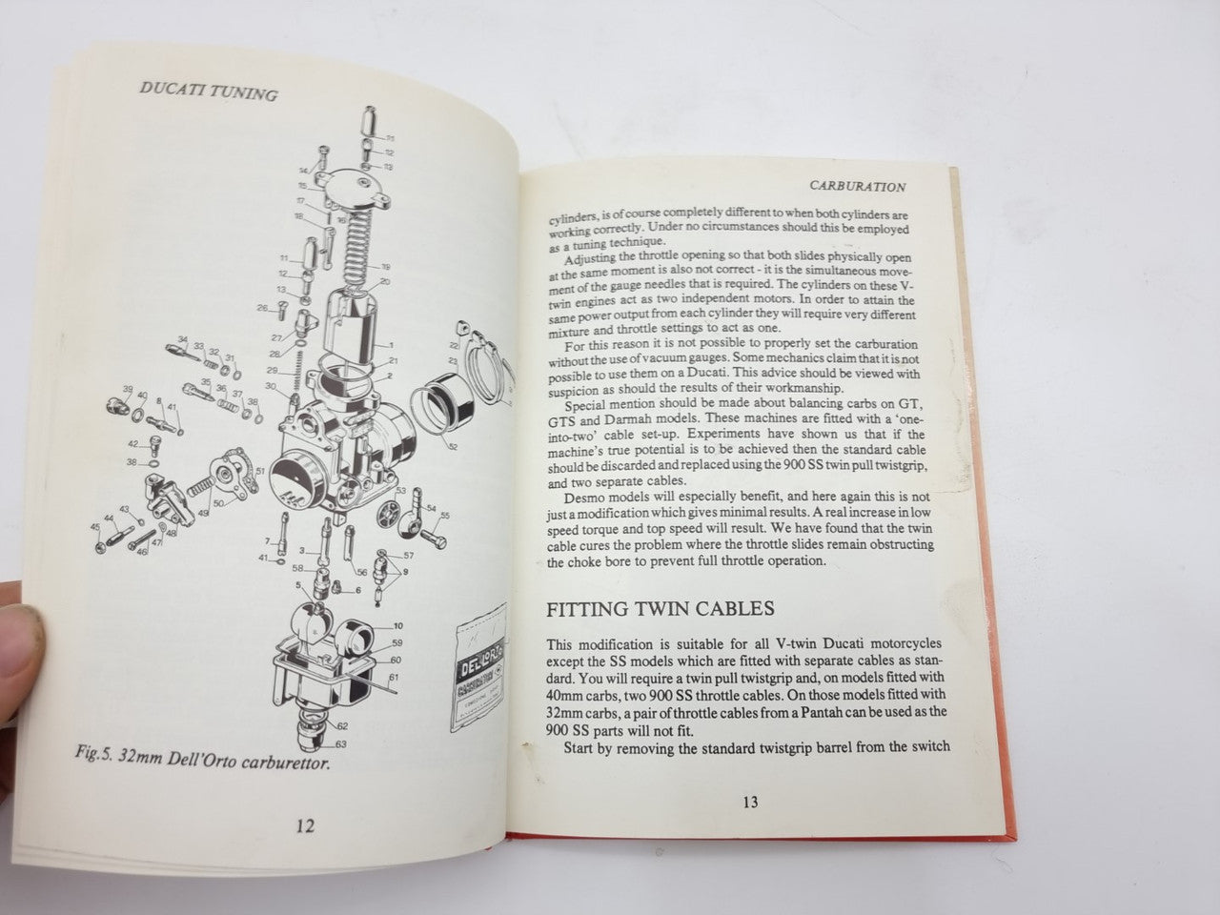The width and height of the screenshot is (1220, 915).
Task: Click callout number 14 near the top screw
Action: tap(304, 170)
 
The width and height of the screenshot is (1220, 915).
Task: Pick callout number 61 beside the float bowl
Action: tap(393, 678)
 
